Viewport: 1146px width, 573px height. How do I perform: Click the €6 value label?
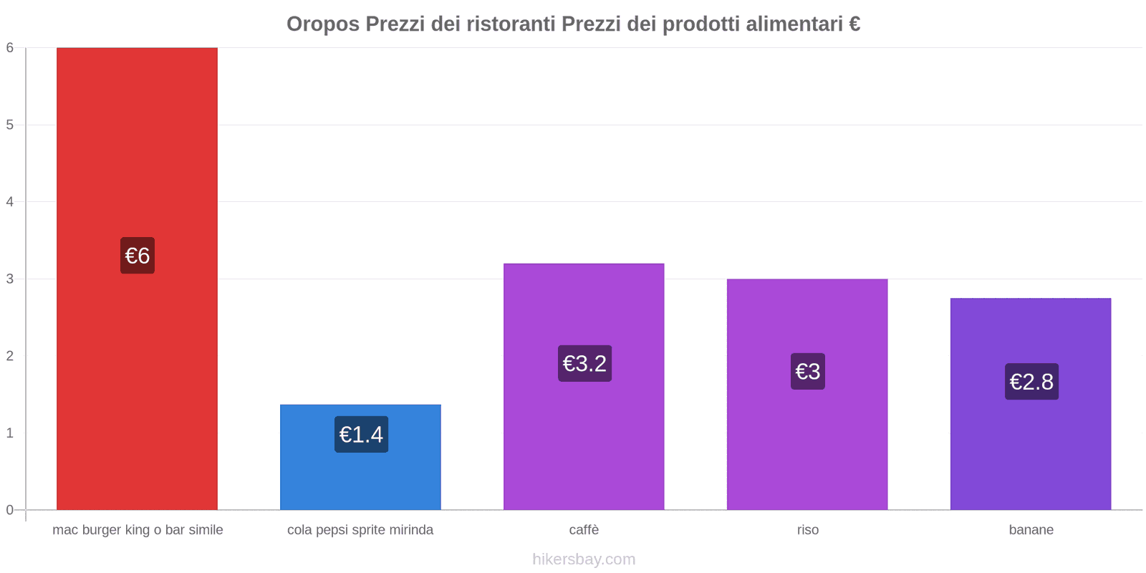coord(138,256)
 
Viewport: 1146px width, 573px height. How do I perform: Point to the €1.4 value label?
coord(361,435)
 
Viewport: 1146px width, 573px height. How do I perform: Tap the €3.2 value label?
coord(584,364)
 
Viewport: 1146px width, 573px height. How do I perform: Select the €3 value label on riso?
coord(808,372)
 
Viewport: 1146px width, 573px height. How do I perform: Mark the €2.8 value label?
coord(1031,382)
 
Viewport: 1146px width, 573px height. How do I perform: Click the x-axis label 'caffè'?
coord(584,530)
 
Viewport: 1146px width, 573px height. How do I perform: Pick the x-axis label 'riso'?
coord(808,530)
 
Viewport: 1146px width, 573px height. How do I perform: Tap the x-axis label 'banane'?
coord(1031,530)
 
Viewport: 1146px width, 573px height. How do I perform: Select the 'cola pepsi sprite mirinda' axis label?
coord(360,530)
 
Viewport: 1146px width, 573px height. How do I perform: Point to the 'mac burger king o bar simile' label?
coord(138,530)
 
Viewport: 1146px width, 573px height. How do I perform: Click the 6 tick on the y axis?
coord(10,48)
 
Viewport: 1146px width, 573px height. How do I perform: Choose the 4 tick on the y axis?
coord(10,202)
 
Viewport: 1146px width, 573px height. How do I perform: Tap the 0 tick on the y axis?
coord(10,510)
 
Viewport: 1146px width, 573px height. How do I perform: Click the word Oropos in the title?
coord(323,24)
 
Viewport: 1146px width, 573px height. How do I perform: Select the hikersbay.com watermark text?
coord(584,559)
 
